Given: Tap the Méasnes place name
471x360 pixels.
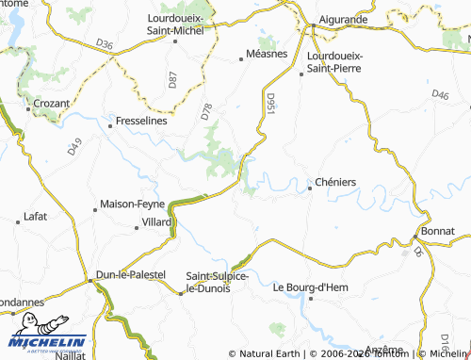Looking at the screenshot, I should (267, 55).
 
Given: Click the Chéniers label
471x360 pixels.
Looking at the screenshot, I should (336, 182).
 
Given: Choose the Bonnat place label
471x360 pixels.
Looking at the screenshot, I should (438, 231).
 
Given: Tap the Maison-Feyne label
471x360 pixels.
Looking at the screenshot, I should (132, 204).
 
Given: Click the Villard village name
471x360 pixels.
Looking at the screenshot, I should (156, 221).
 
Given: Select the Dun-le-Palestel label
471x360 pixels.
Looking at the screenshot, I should (131, 274).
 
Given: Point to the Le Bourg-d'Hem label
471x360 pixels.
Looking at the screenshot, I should (310, 287).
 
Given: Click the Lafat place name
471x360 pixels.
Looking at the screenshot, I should (35, 216).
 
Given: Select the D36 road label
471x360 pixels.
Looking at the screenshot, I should (104, 44).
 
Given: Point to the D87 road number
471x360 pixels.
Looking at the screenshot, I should (172, 80).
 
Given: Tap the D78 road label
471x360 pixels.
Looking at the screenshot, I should (206, 112).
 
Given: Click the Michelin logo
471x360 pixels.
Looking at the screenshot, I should (47, 344).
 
